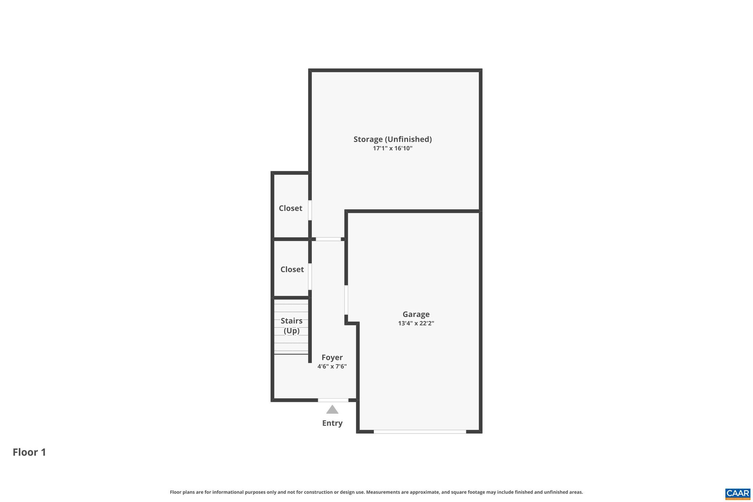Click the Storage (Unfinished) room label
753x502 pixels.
[392, 139]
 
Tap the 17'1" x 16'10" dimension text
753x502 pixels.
[393, 149]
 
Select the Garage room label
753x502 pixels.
[416, 314]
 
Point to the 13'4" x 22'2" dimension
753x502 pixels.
[416, 324]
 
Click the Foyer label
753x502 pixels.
[332, 357]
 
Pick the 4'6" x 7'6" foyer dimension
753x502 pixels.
[332, 367]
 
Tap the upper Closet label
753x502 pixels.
[290, 209]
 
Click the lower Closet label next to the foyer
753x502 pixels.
[292, 270]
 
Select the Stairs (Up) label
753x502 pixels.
[292, 326]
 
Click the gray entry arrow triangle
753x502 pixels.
[332, 410]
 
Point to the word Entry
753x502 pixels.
[332, 423]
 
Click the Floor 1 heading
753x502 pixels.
[29, 452]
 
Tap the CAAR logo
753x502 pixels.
[737, 494]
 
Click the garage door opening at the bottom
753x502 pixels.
[420, 432]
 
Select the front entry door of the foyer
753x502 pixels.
[333, 400]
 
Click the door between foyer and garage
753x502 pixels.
[346, 300]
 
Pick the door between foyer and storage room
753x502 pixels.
[328, 239]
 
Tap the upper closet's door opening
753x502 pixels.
[310, 210]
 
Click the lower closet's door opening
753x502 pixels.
[310, 277]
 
